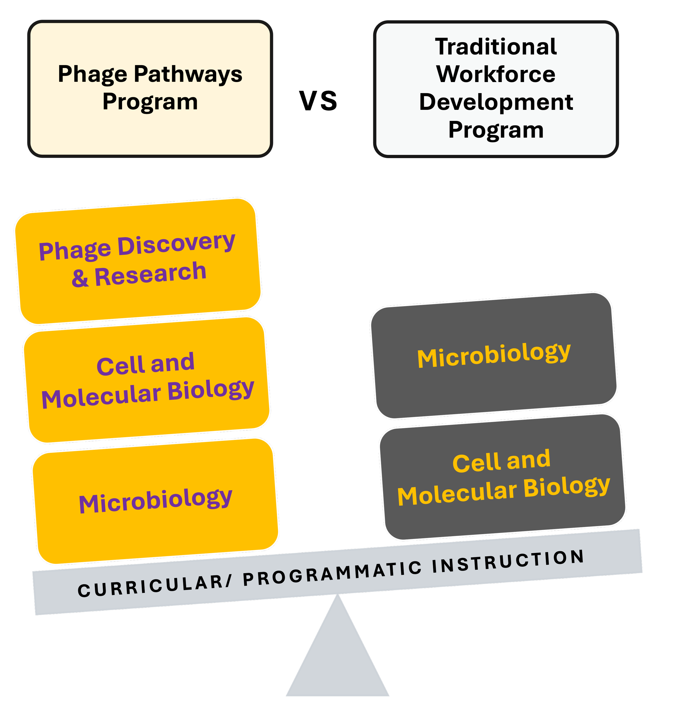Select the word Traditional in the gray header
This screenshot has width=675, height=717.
click(x=496, y=47)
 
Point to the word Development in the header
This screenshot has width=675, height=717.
click(x=496, y=102)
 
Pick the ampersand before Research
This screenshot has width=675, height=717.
click(x=80, y=278)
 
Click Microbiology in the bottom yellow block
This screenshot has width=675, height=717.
click(x=156, y=500)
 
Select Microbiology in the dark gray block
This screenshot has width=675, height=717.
click(x=494, y=355)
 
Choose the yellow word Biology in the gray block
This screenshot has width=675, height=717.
click(x=566, y=487)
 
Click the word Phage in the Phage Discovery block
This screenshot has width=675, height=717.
click(x=75, y=250)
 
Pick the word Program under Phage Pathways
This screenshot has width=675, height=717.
click(x=150, y=102)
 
